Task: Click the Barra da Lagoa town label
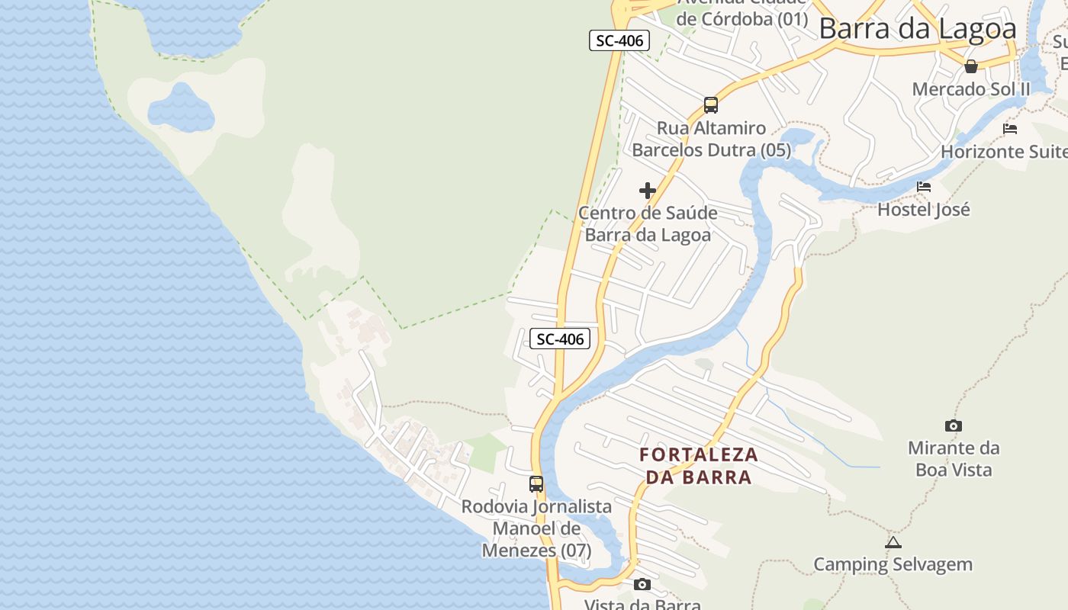(918, 29)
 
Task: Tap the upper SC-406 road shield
(619, 40)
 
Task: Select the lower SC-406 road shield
(560, 339)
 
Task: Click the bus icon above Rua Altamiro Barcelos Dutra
(711, 104)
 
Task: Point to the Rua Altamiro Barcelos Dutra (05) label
(711, 139)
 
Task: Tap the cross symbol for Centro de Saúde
(648, 190)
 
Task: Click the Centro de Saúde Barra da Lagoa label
(648, 223)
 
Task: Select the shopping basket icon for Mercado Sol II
(971, 66)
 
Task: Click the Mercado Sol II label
(971, 89)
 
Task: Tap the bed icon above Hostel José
(924, 186)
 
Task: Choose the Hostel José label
(924, 209)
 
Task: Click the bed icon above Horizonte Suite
(1010, 128)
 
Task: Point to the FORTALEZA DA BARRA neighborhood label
(699, 466)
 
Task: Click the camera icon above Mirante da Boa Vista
(953, 425)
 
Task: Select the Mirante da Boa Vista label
(954, 458)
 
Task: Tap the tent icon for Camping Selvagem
(893, 542)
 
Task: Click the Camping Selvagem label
(893, 565)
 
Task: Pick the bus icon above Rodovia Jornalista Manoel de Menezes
(536, 483)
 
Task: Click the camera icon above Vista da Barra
(642, 584)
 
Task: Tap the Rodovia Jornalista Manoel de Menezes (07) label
(536, 528)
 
